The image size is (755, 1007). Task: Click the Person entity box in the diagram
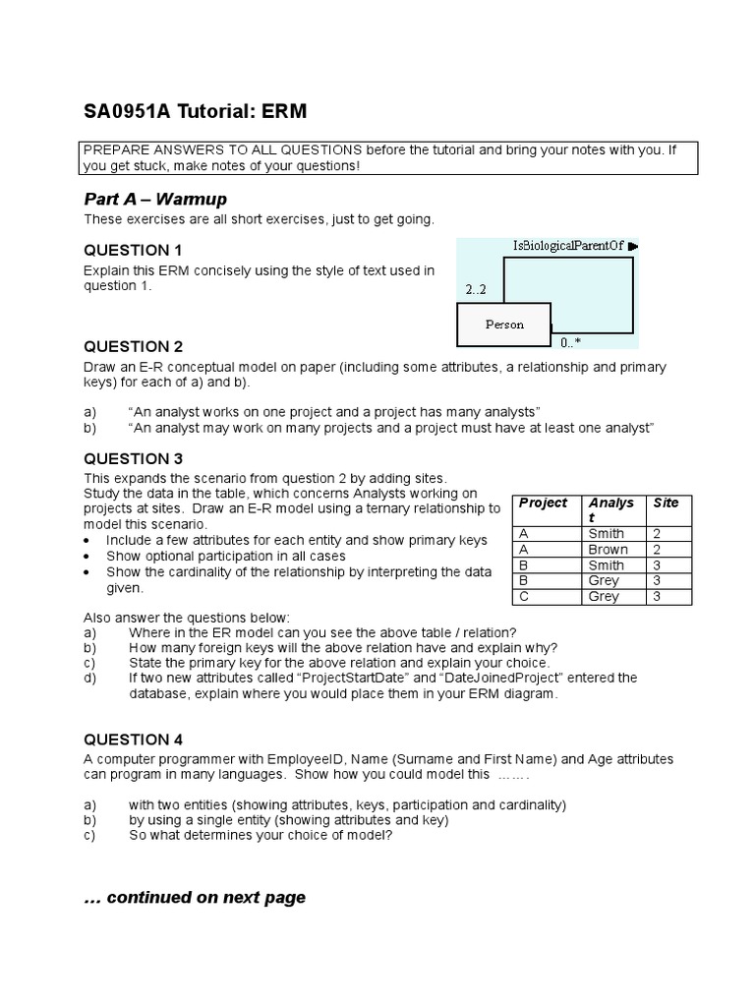pyautogui.click(x=504, y=325)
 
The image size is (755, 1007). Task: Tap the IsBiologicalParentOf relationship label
pyautogui.click(x=568, y=245)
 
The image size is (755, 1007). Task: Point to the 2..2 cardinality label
pyautogui.click(x=476, y=290)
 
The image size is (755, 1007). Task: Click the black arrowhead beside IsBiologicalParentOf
pyautogui.click(x=633, y=246)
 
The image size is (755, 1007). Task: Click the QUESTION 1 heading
pyautogui.click(x=133, y=250)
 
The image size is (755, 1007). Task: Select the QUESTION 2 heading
pyautogui.click(x=133, y=346)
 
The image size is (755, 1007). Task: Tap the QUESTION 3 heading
pyautogui.click(x=133, y=458)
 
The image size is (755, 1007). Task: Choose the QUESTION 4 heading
pyautogui.click(x=133, y=740)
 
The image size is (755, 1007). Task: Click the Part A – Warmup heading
pyautogui.click(x=155, y=200)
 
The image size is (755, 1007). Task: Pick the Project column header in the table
pyautogui.click(x=543, y=503)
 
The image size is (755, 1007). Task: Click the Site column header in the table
pyautogui.click(x=666, y=503)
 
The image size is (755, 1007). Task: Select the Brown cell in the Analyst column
pyautogui.click(x=608, y=550)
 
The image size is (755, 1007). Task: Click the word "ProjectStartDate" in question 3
pyautogui.click(x=353, y=678)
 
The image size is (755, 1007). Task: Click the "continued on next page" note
pyautogui.click(x=195, y=897)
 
